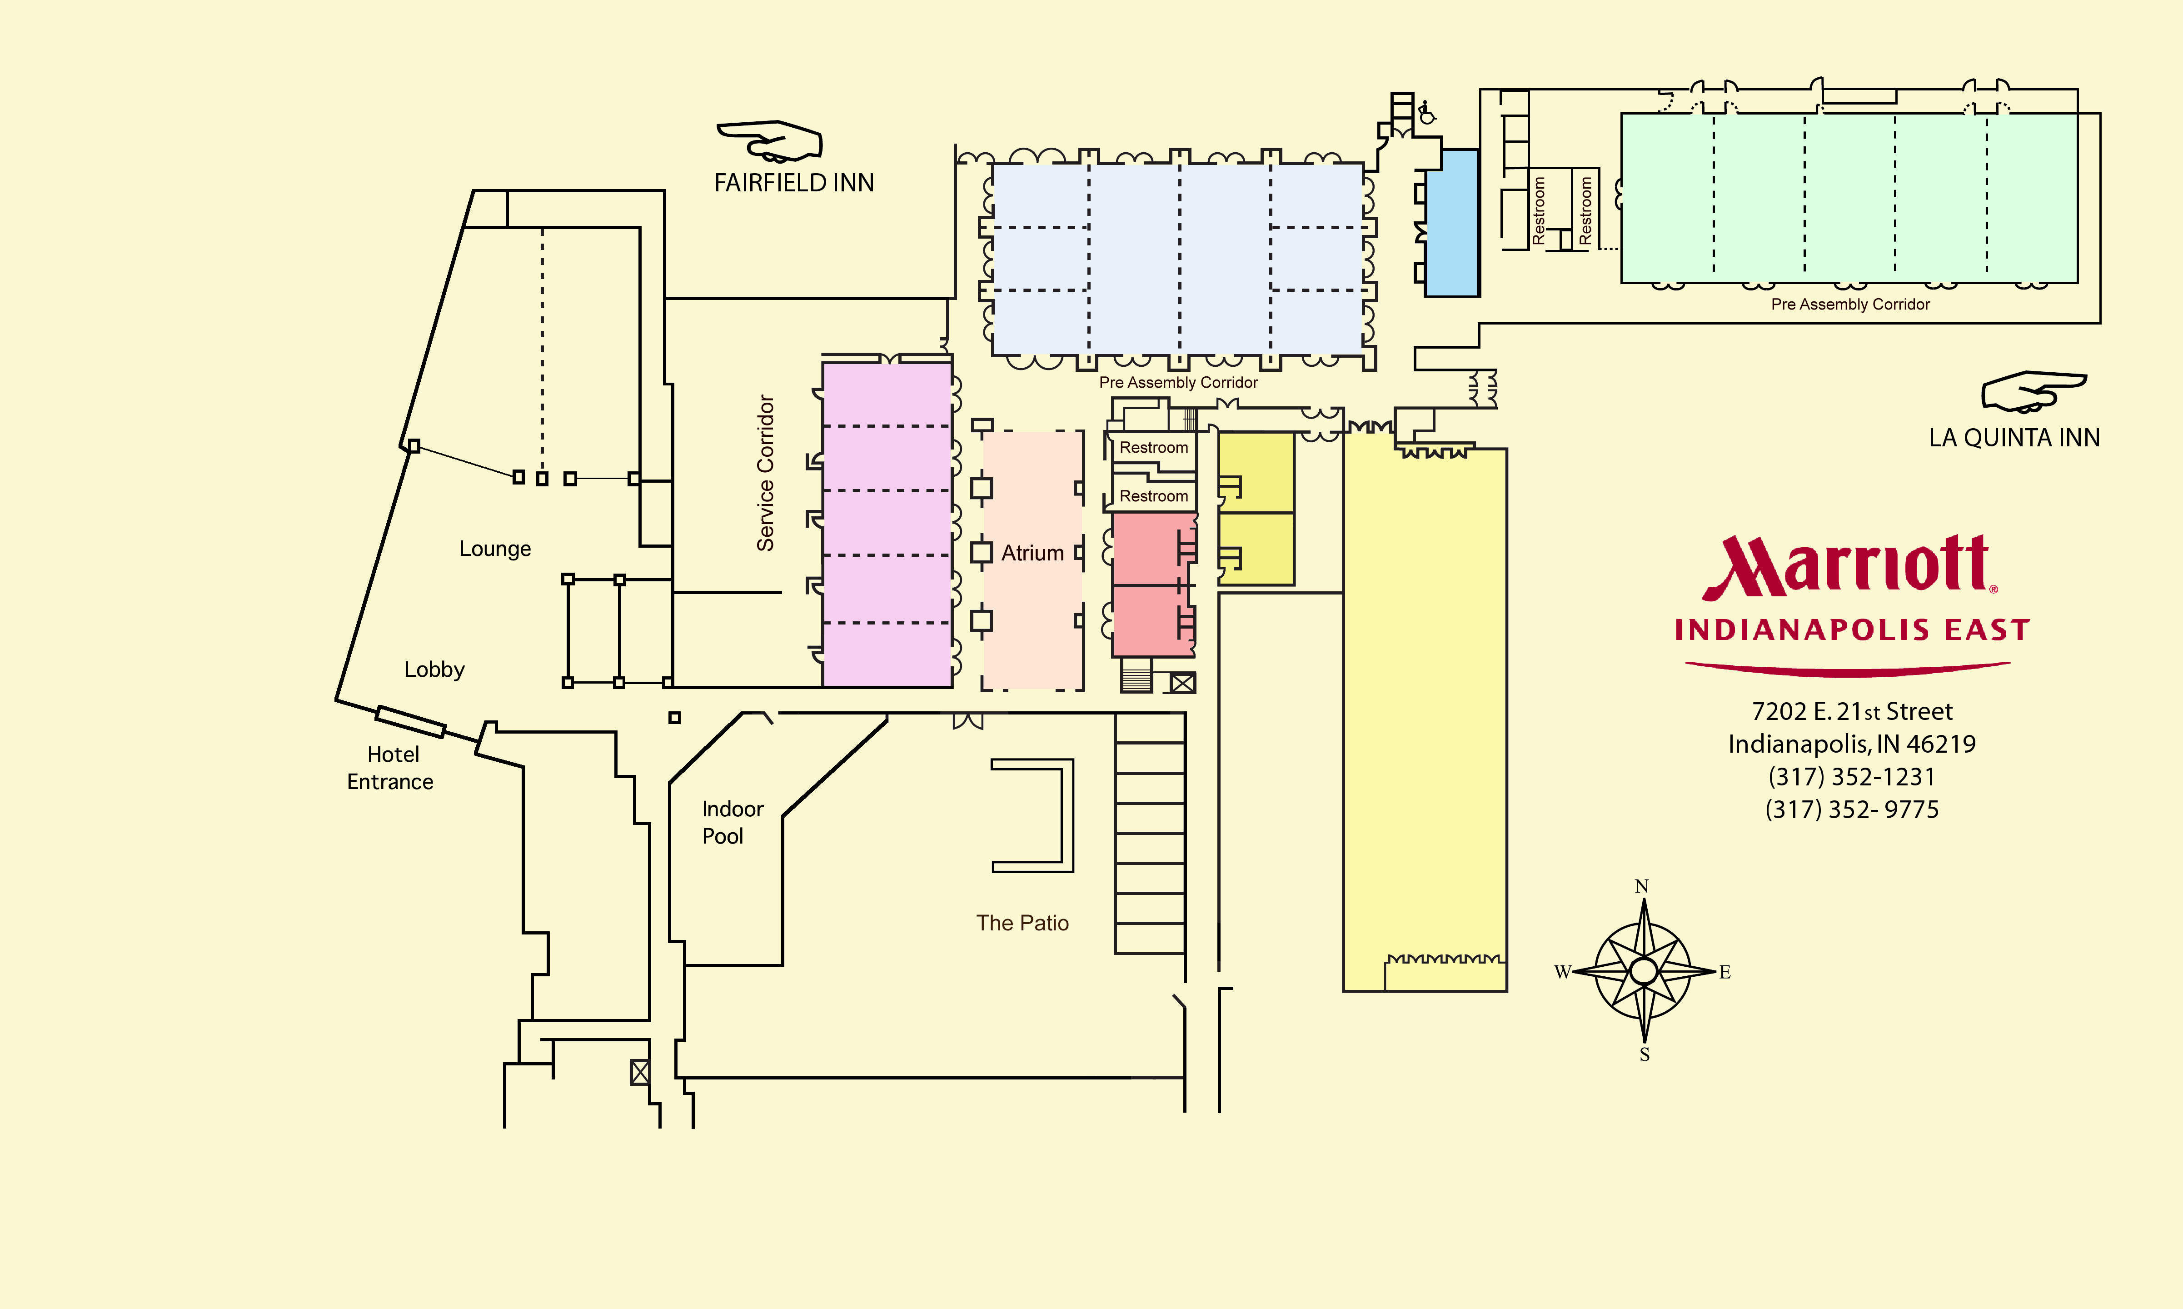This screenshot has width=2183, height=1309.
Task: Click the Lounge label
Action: tap(494, 549)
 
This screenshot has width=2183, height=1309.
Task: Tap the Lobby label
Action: tap(434, 669)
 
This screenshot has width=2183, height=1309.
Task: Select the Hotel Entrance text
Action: tap(391, 767)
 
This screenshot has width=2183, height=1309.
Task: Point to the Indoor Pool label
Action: tap(732, 822)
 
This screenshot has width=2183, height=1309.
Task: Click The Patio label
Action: tap(1022, 923)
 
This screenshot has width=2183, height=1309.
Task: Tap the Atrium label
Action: tap(1032, 553)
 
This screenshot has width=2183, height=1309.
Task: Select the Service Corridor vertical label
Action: tap(765, 473)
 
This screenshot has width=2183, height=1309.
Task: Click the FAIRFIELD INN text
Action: tap(793, 183)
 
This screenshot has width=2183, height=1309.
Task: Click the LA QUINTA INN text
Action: tap(2014, 438)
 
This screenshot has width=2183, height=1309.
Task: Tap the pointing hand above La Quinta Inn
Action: tap(2033, 391)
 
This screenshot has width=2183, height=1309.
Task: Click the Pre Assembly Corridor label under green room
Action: tap(1850, 305)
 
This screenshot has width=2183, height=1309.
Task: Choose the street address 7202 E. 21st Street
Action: tap(1851, 711)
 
